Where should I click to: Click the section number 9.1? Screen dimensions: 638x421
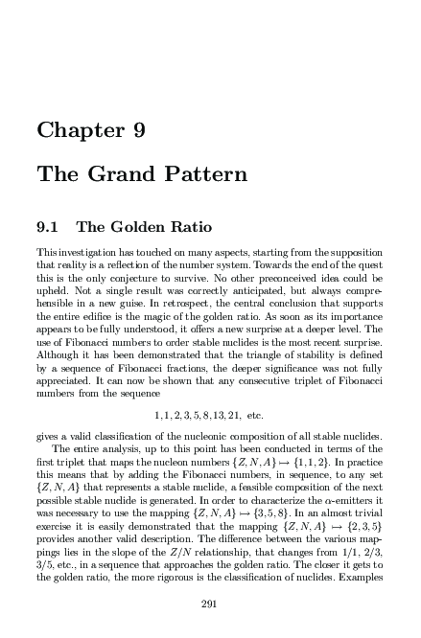click(48, 228)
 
